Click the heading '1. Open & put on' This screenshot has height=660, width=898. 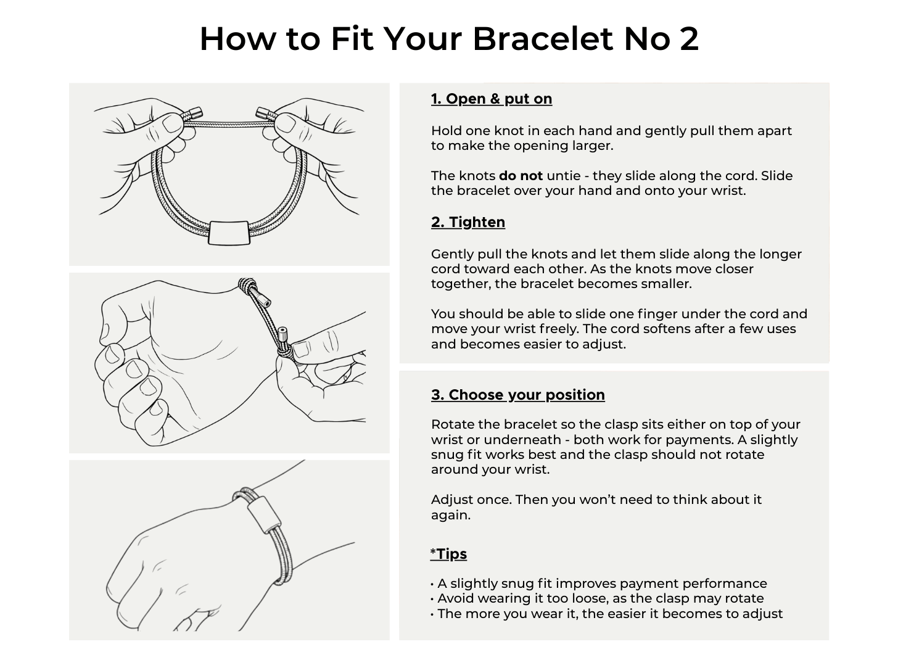coord(492,99)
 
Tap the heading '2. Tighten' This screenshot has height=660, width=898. coord(468,222)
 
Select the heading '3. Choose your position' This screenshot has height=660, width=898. coord(518,395)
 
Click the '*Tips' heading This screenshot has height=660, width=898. coord(448,554)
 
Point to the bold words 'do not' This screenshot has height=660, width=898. coord(521,176)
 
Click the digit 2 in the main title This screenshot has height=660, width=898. coord(689,39)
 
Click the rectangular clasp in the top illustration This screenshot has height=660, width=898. coord(229,233)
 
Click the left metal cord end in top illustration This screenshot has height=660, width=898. coord(195,113)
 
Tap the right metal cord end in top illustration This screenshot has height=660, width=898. coord(263,113)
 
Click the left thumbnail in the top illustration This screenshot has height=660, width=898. coord(173,123)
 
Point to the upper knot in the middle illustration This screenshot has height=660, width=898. coord(246,286)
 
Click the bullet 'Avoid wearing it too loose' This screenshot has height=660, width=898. coord(597,598)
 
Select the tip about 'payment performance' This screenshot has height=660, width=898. coord(598,583)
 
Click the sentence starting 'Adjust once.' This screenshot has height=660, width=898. coord(596,507)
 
